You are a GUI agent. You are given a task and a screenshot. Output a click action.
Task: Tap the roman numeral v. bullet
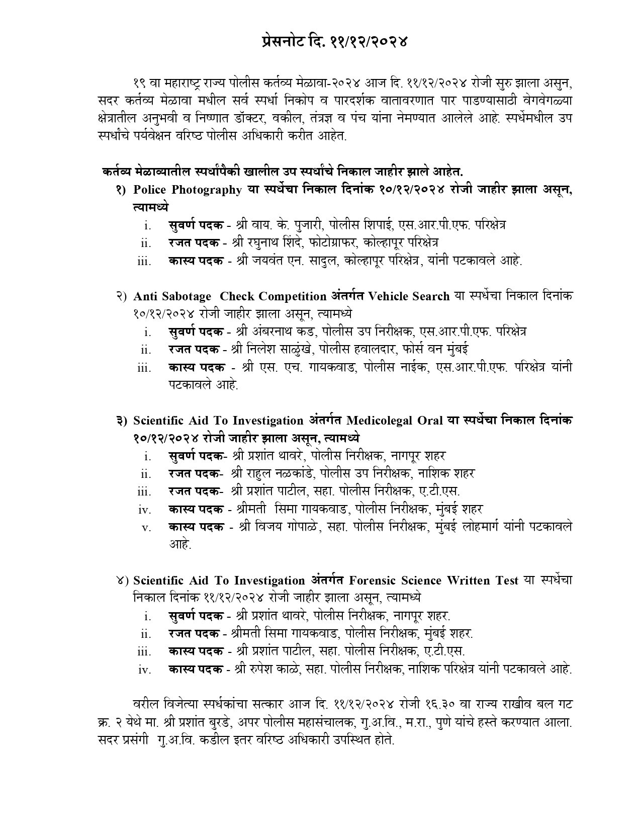tap(146, 528)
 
